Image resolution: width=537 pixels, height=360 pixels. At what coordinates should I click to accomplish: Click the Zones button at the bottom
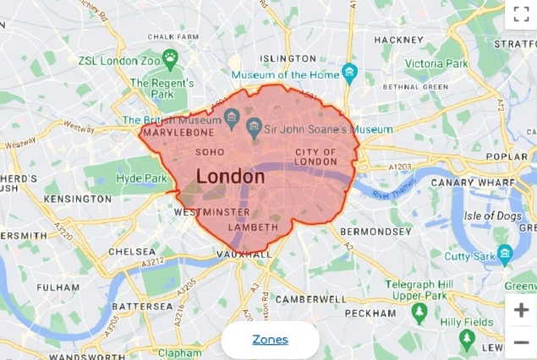click(270, 340)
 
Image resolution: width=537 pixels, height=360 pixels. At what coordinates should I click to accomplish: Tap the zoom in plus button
click(521, 310)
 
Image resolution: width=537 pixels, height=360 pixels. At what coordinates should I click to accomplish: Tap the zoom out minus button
click(521, 342)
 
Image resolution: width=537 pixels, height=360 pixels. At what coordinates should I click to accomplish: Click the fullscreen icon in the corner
click(521, 14)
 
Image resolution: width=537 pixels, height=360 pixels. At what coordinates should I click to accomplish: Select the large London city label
click(230, 177)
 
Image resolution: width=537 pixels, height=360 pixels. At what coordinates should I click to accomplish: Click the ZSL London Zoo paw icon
click(172, 60)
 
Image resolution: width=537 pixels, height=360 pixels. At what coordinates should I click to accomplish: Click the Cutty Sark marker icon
click(505, 253)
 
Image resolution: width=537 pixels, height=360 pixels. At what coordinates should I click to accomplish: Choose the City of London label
click(316, 157)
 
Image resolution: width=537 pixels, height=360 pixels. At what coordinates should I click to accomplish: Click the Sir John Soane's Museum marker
click(252, 128)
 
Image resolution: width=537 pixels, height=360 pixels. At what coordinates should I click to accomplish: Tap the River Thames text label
click(392, 195)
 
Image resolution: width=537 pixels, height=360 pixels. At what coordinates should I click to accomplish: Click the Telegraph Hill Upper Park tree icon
click(419, 314)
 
